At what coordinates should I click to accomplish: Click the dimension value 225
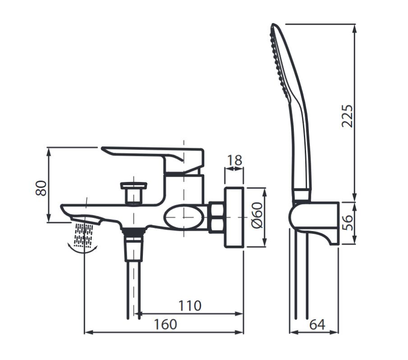(x=347, y=116)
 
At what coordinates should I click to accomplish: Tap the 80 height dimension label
(x=41, y=188)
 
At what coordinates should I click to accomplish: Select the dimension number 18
(x=234, y=160)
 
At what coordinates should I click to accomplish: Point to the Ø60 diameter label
(x=257, y=215)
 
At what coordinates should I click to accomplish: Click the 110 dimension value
(x=190, y=305)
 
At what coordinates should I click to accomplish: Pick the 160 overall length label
(x=165, y=324)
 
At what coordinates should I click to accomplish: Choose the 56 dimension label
(x=347, y=223)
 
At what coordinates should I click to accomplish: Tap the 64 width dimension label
(x=317, y=324)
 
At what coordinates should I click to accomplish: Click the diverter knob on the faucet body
(x=134, y=192)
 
